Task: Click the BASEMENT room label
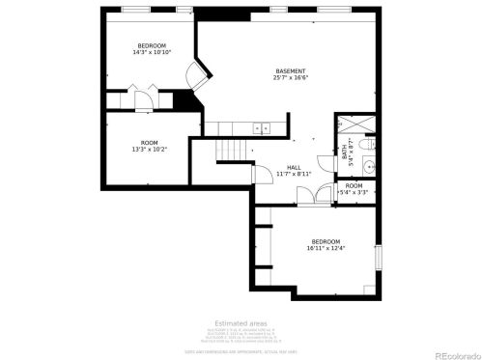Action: click(x=290, y=70)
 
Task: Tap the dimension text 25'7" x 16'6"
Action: click(x=290, y=78)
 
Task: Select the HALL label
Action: click(x=294, y=167)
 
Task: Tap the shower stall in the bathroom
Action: click(x=349, y=125)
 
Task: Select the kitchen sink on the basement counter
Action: click(x=260, y=127)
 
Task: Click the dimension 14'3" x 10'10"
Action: click(x=152, y=52)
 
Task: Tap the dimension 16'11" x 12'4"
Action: click(x=325, y=248)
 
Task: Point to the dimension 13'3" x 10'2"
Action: click(x=150, y=150)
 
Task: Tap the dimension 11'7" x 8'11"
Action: click(x=294, y=175)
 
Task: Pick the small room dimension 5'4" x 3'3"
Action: click(x=354, y=192)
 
